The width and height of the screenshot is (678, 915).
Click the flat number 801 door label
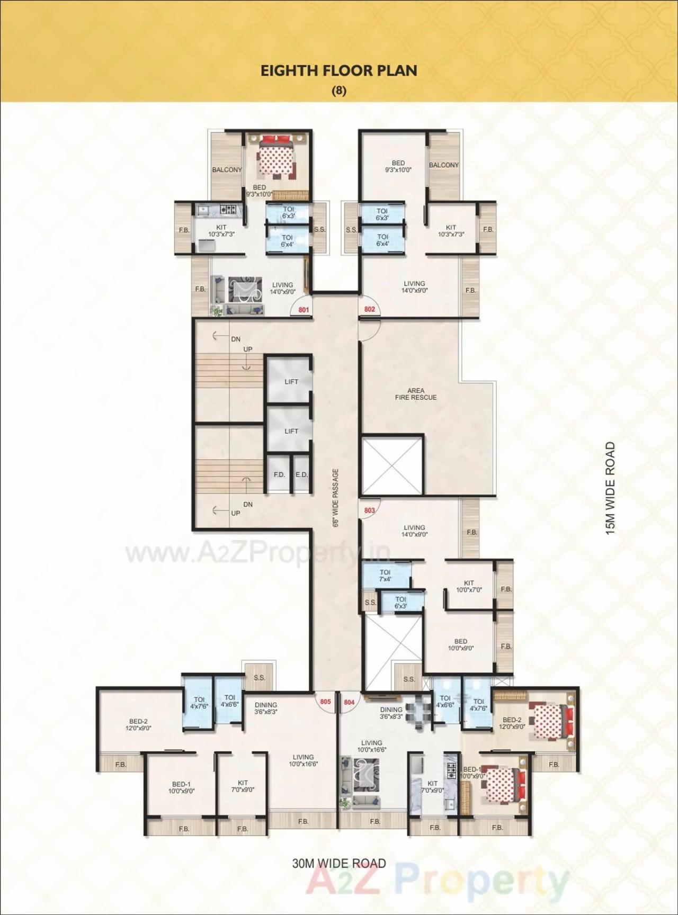304,310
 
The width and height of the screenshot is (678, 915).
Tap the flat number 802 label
369,309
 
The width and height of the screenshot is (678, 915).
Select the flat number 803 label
369,510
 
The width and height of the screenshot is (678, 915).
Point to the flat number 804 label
349,702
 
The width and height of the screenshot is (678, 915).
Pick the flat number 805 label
325,702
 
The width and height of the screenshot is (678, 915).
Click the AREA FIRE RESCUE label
416,394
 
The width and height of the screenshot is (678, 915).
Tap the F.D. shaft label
279,474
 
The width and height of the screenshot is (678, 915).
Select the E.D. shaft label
301,474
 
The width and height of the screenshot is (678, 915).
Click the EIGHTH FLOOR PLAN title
339,71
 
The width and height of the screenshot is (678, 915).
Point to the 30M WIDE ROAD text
339,864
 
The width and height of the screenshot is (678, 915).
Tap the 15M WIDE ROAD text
611,488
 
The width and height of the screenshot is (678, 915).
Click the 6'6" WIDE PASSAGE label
335,498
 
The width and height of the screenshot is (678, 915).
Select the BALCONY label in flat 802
444,165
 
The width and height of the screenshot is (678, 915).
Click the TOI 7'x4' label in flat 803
385,576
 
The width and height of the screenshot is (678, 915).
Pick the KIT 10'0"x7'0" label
469,586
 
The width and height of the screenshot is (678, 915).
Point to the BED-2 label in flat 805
138,724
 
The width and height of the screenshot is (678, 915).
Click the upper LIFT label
291,381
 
